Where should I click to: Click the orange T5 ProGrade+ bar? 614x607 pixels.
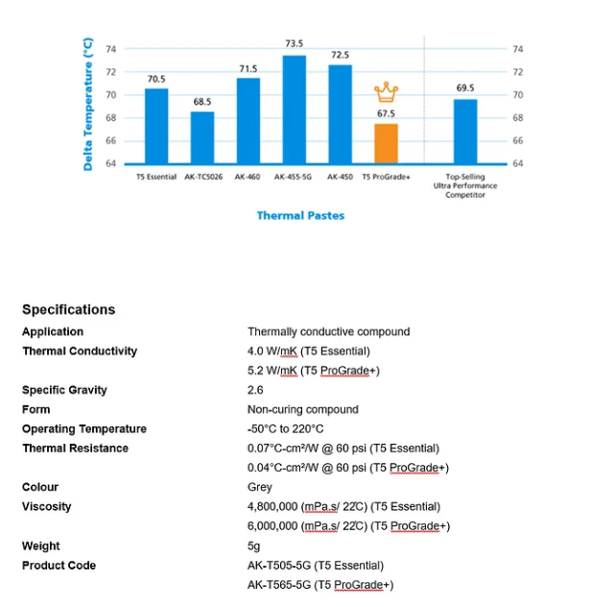point(386,143)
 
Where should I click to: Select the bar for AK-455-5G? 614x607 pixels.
point(294,109)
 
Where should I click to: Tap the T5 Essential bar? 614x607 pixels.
point(156,126)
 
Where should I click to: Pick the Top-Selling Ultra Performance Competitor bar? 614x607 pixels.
point(465,132)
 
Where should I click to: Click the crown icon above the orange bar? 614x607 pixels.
point(386,92)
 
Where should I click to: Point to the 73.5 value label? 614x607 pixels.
point(294,44)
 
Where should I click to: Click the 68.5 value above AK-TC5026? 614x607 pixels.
point(202,101)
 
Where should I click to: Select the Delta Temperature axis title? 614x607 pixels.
point(88,105)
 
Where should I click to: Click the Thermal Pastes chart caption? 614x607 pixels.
point(300,215)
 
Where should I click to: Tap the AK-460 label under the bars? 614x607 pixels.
point(248,178)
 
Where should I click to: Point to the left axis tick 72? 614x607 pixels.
point(110,72)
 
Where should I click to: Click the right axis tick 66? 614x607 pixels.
point(518,141)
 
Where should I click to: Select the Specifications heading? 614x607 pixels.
point(68,309)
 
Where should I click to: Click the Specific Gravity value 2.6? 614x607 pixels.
point(254,390)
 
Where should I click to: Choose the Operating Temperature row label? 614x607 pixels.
point(84,429)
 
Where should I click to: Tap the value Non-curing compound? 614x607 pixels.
point(302,409)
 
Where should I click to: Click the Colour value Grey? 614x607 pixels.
point(259,487)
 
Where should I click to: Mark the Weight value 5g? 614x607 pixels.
point(253,546)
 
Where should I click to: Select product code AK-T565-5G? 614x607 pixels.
point(320,585)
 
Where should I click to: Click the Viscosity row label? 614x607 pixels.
point(47,506)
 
